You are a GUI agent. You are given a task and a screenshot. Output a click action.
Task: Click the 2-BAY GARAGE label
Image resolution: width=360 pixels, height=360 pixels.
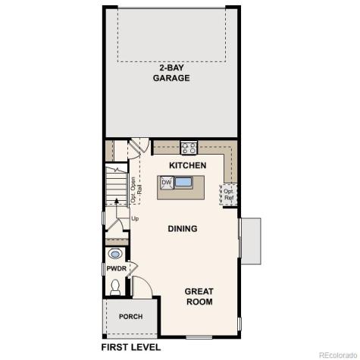tap(171, 73)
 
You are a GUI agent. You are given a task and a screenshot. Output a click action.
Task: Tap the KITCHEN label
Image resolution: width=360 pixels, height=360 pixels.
tap(187, 164)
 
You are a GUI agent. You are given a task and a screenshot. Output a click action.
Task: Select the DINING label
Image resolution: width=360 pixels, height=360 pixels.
tap(182, 228)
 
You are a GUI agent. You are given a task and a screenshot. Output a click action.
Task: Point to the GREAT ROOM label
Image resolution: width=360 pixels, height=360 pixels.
tap(199, 296)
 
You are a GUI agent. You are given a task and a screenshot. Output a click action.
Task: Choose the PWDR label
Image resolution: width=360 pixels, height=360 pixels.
tap(116, 268)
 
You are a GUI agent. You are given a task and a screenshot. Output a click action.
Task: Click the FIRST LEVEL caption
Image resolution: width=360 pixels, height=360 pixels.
tap(131, 347)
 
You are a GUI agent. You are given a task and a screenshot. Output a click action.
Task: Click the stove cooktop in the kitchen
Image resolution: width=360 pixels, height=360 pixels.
tap(189, 148)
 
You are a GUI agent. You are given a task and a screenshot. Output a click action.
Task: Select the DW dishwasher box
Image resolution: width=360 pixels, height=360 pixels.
tap(166, 182)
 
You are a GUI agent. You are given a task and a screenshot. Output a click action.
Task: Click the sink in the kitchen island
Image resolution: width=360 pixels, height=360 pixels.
tap(184, 182)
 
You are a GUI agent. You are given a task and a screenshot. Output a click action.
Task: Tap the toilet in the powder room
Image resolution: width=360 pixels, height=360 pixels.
tap(115, 286)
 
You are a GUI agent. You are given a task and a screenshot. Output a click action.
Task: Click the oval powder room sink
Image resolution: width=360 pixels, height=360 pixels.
tap(115, 254)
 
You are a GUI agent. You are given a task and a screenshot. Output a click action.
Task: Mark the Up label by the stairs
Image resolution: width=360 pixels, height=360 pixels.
tap(136, 219)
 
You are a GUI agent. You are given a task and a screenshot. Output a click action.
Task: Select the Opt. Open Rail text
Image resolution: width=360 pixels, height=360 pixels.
tap(135, 189)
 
